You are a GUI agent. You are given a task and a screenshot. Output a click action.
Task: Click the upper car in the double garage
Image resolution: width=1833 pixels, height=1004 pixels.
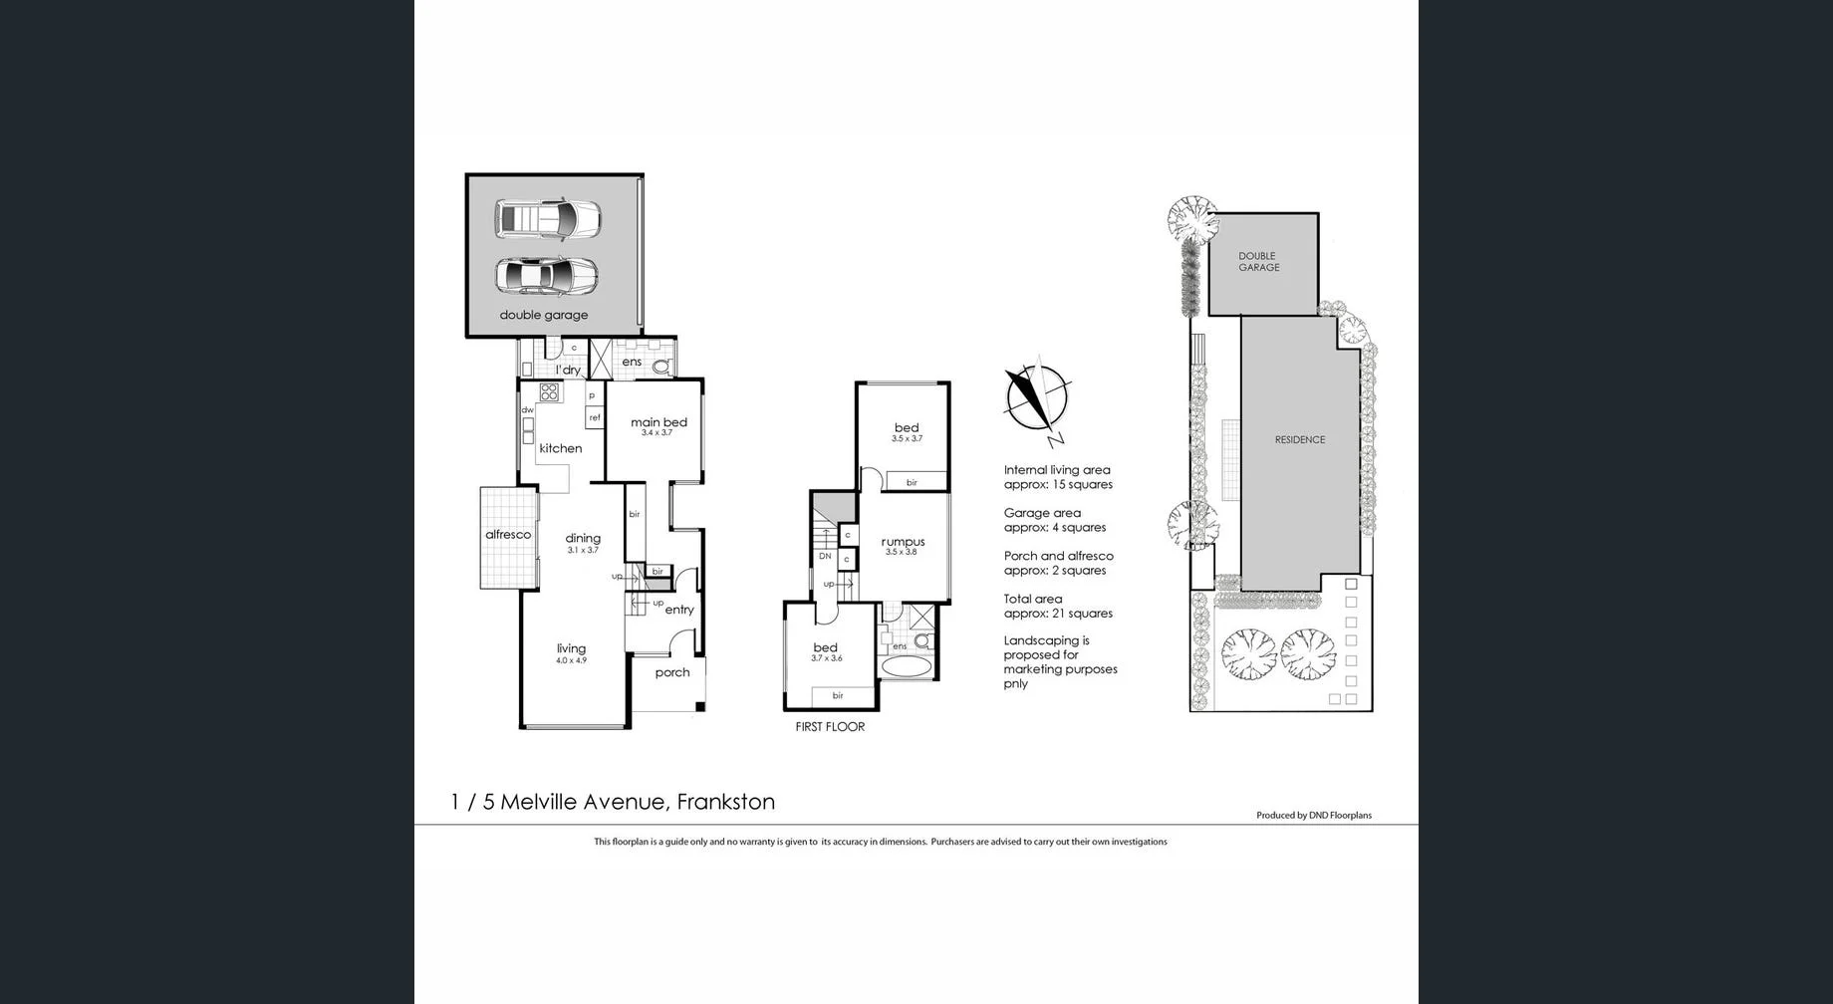coord(547,219)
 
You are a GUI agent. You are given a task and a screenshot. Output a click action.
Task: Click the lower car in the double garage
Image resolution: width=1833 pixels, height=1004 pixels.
coord(546,276)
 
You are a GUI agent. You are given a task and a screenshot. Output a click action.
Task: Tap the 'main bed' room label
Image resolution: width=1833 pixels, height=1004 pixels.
coord(658,423)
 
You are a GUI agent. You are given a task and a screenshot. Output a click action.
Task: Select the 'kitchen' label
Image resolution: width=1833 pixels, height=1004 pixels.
coord(560,449)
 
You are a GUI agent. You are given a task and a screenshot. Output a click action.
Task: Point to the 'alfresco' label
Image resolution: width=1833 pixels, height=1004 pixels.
coord(508,535)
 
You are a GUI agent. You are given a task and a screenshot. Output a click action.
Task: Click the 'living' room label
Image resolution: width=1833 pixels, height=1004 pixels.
coord(571,649)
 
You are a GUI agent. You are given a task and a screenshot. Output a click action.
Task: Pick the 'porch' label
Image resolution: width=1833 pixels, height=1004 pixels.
coord(672,673)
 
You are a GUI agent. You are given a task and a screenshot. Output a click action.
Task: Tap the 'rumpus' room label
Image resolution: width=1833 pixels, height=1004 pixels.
coord(903,543)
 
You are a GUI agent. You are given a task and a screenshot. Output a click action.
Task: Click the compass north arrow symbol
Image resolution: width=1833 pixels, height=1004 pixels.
coord(1037,399)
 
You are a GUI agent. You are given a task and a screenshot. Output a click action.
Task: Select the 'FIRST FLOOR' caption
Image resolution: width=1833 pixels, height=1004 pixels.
coord(830,727)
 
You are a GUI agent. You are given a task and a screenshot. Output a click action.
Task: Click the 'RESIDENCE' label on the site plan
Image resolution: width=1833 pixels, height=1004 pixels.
coord(1300,440)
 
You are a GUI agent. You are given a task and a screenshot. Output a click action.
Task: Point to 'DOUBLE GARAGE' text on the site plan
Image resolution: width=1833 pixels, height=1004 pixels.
coord(1258,262)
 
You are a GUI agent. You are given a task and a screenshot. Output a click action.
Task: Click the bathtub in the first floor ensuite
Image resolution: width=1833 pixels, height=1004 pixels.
coord(906,666)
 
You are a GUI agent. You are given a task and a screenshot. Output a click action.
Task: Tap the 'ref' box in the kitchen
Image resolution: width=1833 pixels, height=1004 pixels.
coord(595,418)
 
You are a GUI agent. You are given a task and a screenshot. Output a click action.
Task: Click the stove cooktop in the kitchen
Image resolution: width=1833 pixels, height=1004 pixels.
coord(549,392)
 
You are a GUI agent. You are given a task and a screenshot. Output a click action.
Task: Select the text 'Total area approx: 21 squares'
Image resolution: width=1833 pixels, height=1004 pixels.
coord(1058,607)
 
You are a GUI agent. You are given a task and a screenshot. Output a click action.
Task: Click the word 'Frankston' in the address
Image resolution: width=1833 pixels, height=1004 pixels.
coord(725,802)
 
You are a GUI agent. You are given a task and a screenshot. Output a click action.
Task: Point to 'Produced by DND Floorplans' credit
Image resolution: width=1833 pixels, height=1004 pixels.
coord(1313,816)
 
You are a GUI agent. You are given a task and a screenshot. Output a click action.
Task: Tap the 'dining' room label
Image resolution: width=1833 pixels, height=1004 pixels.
coord(583,539)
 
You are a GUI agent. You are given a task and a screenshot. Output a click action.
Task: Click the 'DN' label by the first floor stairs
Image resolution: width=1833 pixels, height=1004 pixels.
coord(825,557)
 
